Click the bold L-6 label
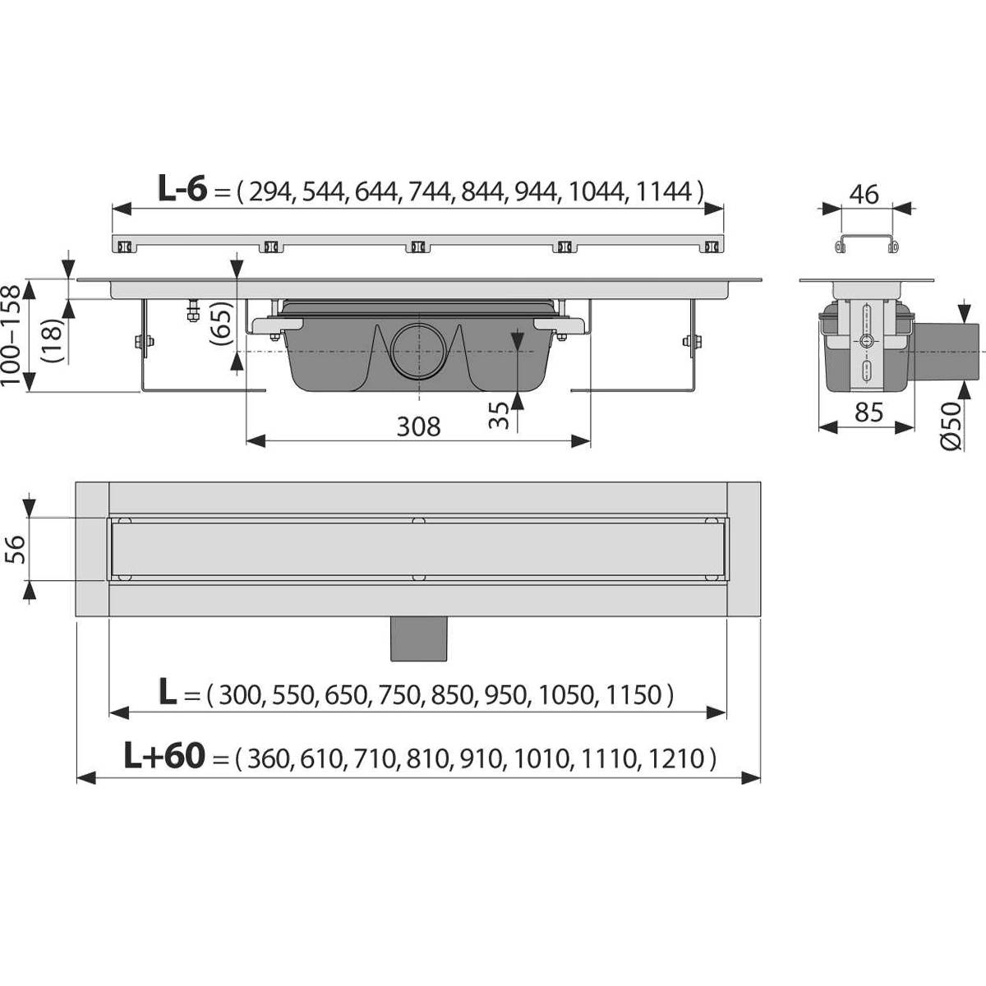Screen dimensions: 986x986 [182, 190]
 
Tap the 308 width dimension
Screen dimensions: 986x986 [418, 426]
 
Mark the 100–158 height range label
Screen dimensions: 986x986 [12, 337]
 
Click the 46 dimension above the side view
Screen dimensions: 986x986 [864, 195]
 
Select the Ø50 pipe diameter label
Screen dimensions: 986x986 [951, 427]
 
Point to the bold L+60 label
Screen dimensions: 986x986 [164, 755]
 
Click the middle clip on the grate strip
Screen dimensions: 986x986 [417, 246]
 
